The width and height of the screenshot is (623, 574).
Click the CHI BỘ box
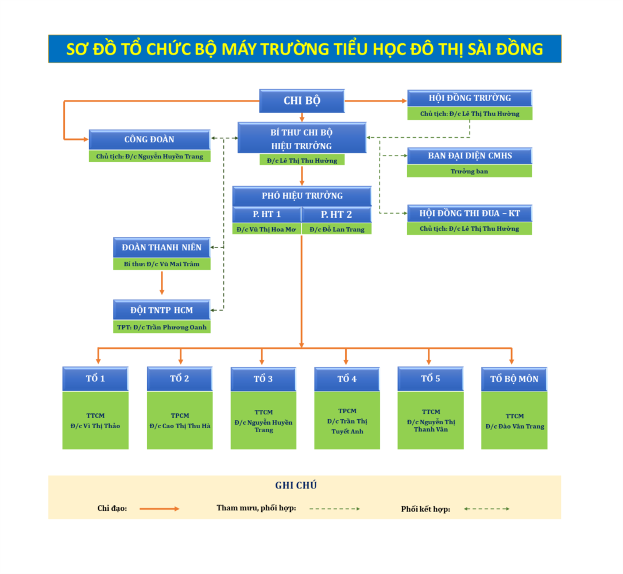click(302, 100)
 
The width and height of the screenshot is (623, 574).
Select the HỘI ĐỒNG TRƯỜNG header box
click(470, 98)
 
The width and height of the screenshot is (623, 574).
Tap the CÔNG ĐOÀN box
click(149, 139)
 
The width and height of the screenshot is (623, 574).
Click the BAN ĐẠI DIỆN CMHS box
click(470, 156)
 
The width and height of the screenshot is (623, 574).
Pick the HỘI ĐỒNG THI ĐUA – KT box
click(470, 213)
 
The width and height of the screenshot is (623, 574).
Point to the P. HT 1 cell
click(267, 214)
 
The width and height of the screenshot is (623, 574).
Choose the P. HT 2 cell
click(336, 214)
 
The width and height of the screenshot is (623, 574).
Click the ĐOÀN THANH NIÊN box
click(162, 247)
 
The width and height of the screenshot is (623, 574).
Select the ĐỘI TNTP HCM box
click(162, 310)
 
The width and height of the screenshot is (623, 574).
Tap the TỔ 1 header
click(95, 379)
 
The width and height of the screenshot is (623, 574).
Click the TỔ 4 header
click(347, 379)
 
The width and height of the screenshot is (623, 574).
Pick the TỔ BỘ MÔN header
click(514, 379)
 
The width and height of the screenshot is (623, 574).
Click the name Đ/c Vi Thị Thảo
click(95, 426)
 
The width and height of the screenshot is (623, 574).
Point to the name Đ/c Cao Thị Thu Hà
click(180, 426)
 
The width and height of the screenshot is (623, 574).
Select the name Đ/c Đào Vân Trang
click(514, 426)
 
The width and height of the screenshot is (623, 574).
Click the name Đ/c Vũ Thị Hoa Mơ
click(267, 229)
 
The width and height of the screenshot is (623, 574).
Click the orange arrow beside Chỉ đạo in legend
click(160, 509)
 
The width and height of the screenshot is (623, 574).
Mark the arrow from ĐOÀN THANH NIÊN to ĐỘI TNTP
click(162, 283)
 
